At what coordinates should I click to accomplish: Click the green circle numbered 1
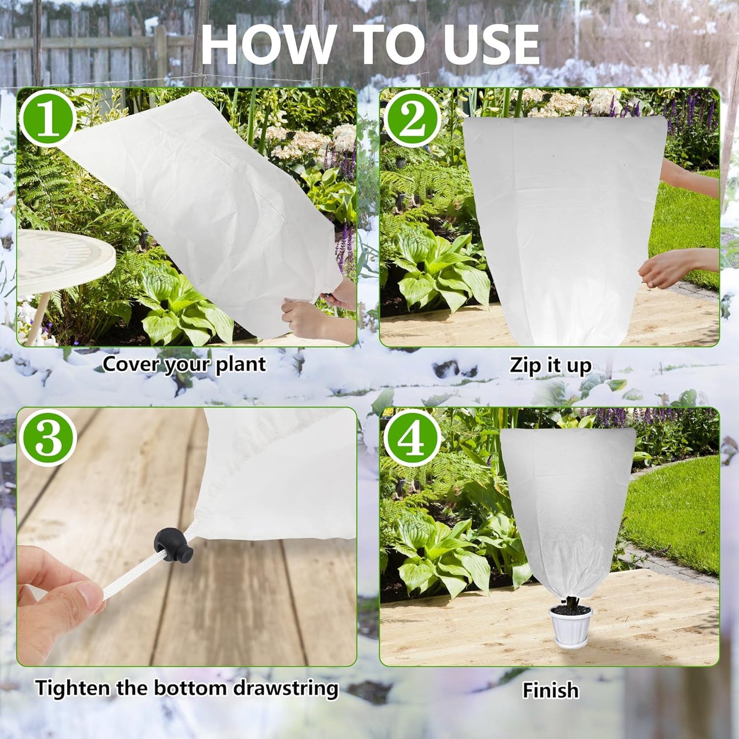tap(48, 119)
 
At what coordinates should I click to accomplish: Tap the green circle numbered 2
tap(412, 119)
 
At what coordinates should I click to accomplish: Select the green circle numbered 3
tap(48, 437)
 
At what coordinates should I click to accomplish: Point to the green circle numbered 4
tap(412, 437)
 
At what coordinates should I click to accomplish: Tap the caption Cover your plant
tap(184, 364)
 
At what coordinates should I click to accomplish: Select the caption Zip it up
tap(550, 365)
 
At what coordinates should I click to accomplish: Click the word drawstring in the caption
tap(286, 688)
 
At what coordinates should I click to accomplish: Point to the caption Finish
tap(550, 690)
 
